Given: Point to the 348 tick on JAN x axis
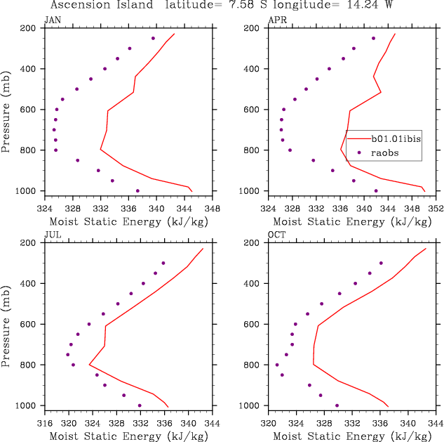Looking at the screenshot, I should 213,209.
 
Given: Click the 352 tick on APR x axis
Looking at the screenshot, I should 436,209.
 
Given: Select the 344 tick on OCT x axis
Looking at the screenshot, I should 436,424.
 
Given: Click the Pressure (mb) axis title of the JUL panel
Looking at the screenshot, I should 6,323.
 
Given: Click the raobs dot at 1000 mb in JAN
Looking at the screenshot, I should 137,190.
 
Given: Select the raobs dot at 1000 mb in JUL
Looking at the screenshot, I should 140,405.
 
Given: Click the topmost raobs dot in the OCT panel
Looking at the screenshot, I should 381,263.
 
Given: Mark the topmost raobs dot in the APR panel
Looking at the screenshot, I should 373,38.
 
